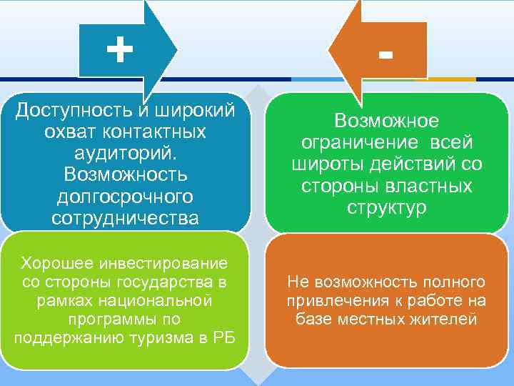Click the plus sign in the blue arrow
120,50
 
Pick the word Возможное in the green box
387,122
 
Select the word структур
387,207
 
